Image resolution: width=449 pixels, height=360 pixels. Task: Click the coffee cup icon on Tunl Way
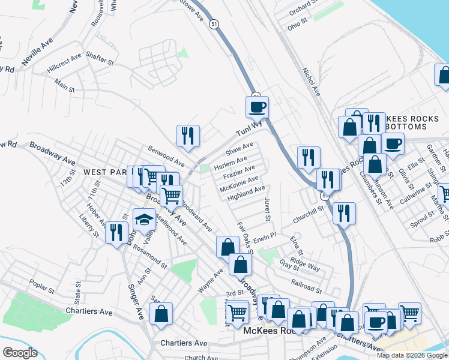[257, 107]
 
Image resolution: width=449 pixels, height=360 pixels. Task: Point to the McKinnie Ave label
[239, 182]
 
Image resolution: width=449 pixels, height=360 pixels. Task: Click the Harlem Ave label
[231, 162]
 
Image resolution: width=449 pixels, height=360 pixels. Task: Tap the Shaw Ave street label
[239, 148]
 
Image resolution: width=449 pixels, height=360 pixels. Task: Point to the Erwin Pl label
[264, 237]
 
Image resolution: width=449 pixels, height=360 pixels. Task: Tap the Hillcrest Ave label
[64, 64]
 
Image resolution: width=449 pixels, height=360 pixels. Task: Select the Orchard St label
[302, 8]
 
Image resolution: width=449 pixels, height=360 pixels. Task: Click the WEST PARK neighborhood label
[106, 172]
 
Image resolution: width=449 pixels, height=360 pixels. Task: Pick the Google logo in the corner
[20, 353]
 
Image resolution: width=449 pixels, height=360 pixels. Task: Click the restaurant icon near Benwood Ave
[188, 136]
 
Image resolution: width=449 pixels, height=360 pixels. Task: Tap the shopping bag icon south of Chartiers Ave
[161, 314]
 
